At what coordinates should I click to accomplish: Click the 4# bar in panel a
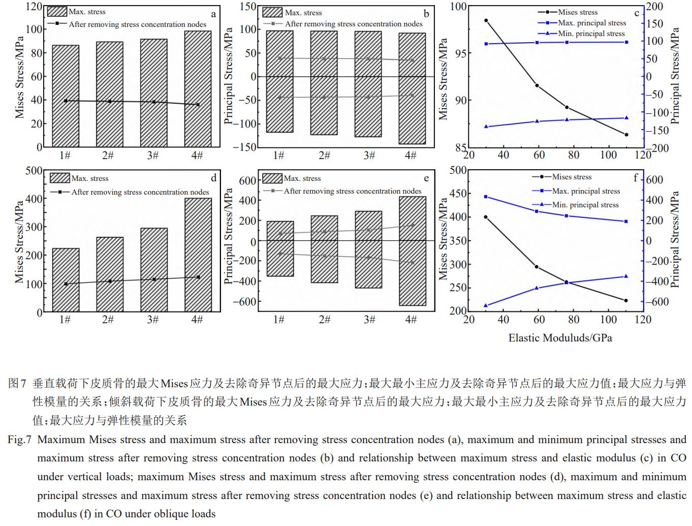click(x=198, y=89)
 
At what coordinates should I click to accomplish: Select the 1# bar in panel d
click(x=66, y=280)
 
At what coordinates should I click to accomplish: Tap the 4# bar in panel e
click(x=413, y=251)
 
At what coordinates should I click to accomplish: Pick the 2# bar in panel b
click(x=324, y=83)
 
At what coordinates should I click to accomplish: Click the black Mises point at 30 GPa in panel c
click(x=486, y=21)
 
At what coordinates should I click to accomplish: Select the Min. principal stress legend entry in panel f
click(x=585, y=205)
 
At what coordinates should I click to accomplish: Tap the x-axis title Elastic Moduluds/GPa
click(x=560, y=338)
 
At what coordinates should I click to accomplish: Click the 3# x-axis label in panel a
click(x=153, y=156)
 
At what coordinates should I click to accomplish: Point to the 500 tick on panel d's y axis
click(x=34, y=171)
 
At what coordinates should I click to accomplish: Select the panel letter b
click(x=426, y=14)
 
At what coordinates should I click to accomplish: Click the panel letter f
click(x=635, y=178)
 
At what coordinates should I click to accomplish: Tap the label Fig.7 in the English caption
click(x=20, y=440)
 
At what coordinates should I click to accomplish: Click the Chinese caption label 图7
click(x=17, y=383)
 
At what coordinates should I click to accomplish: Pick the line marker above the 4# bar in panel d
click(x=198, y=277)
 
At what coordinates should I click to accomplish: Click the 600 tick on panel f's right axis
click(x=655, y=180)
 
